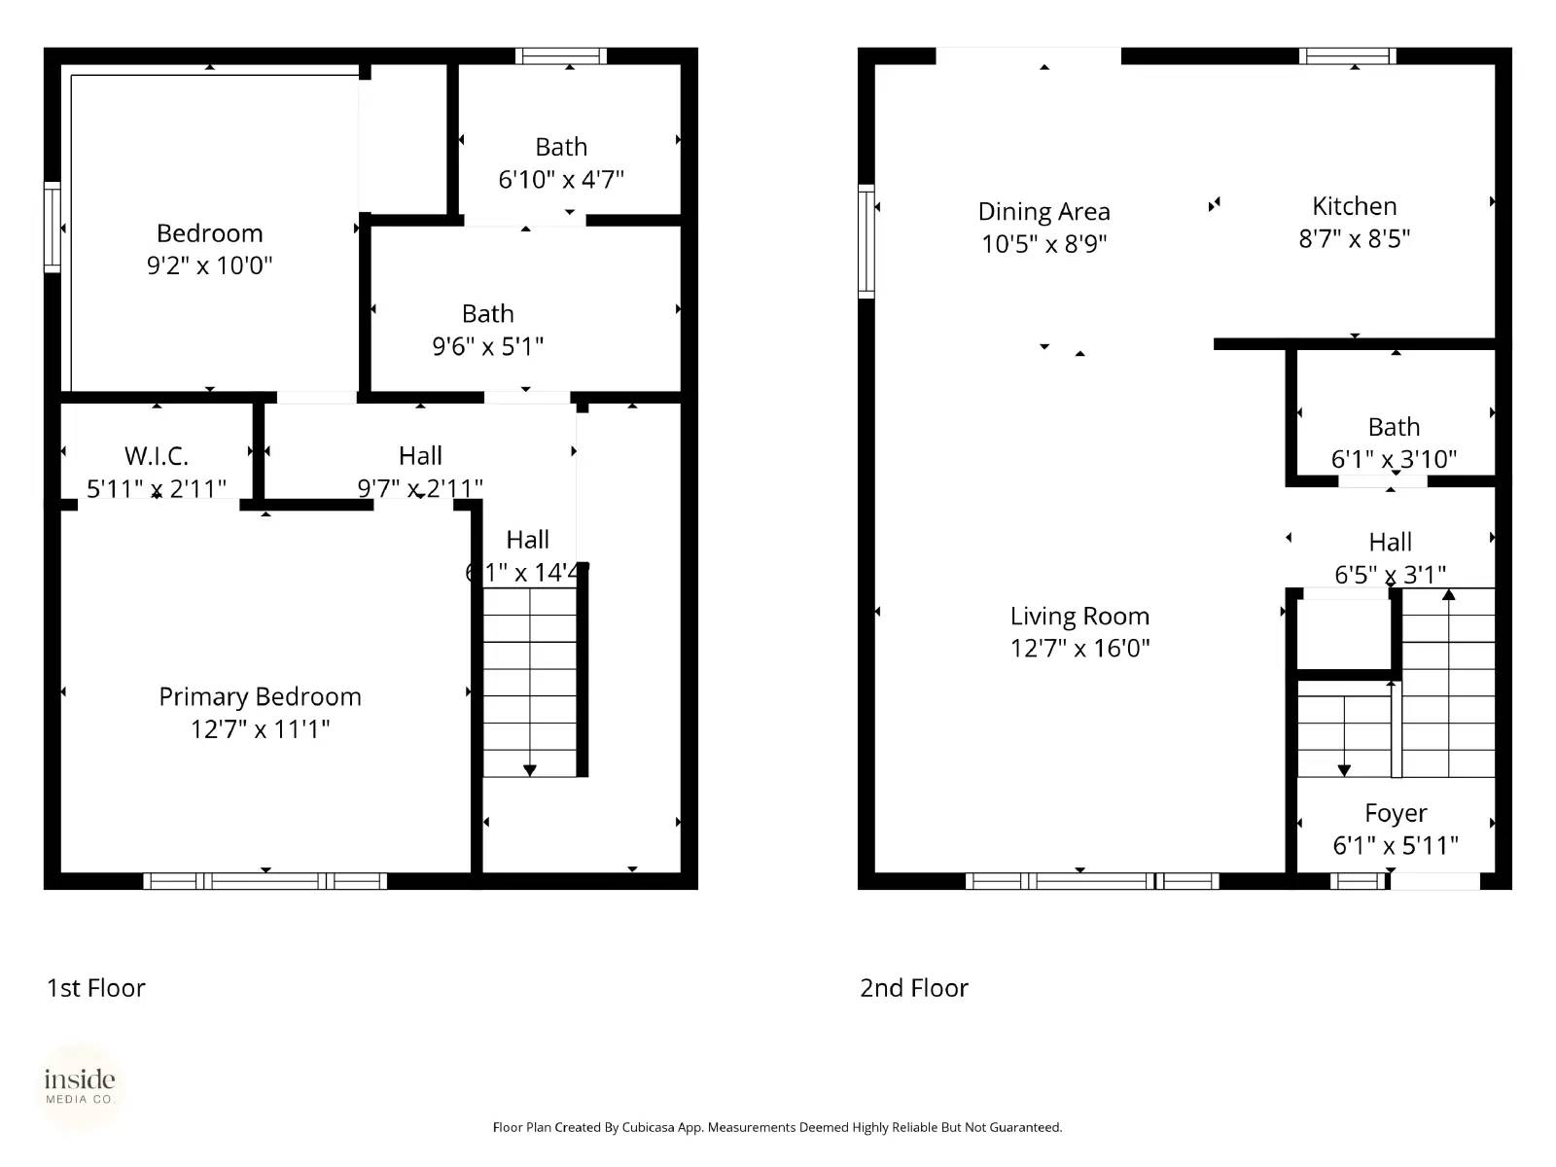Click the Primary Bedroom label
click(x=260, y=696)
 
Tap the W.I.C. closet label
click(x=157, y=455)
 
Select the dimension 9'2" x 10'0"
click(x=209, y=265)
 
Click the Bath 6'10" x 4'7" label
click(x=561, y=147)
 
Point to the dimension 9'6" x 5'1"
click(x=487, y=346)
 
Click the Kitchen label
click(x=1354, y=206)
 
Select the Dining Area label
click(x=1043, y=211)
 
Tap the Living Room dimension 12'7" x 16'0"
click(x=1079, y=649)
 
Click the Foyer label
click(x=1396, y=813)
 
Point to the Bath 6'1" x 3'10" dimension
click(x=1394, y=459)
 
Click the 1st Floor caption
click(x=95, y=988)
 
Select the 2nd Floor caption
click(x=913, y=988)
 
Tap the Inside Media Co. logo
click(x=80, y=1087)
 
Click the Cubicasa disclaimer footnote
click(x=777, y=1127)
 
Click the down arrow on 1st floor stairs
click(x=530, y=769)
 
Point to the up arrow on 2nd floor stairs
click(x=1448, y=594)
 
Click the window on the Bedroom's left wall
click(x=53, y=227)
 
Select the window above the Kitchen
click(x=1347, y=56)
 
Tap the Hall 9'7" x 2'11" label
click(x=420, y=455)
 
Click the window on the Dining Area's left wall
click(x=866, y=240)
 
